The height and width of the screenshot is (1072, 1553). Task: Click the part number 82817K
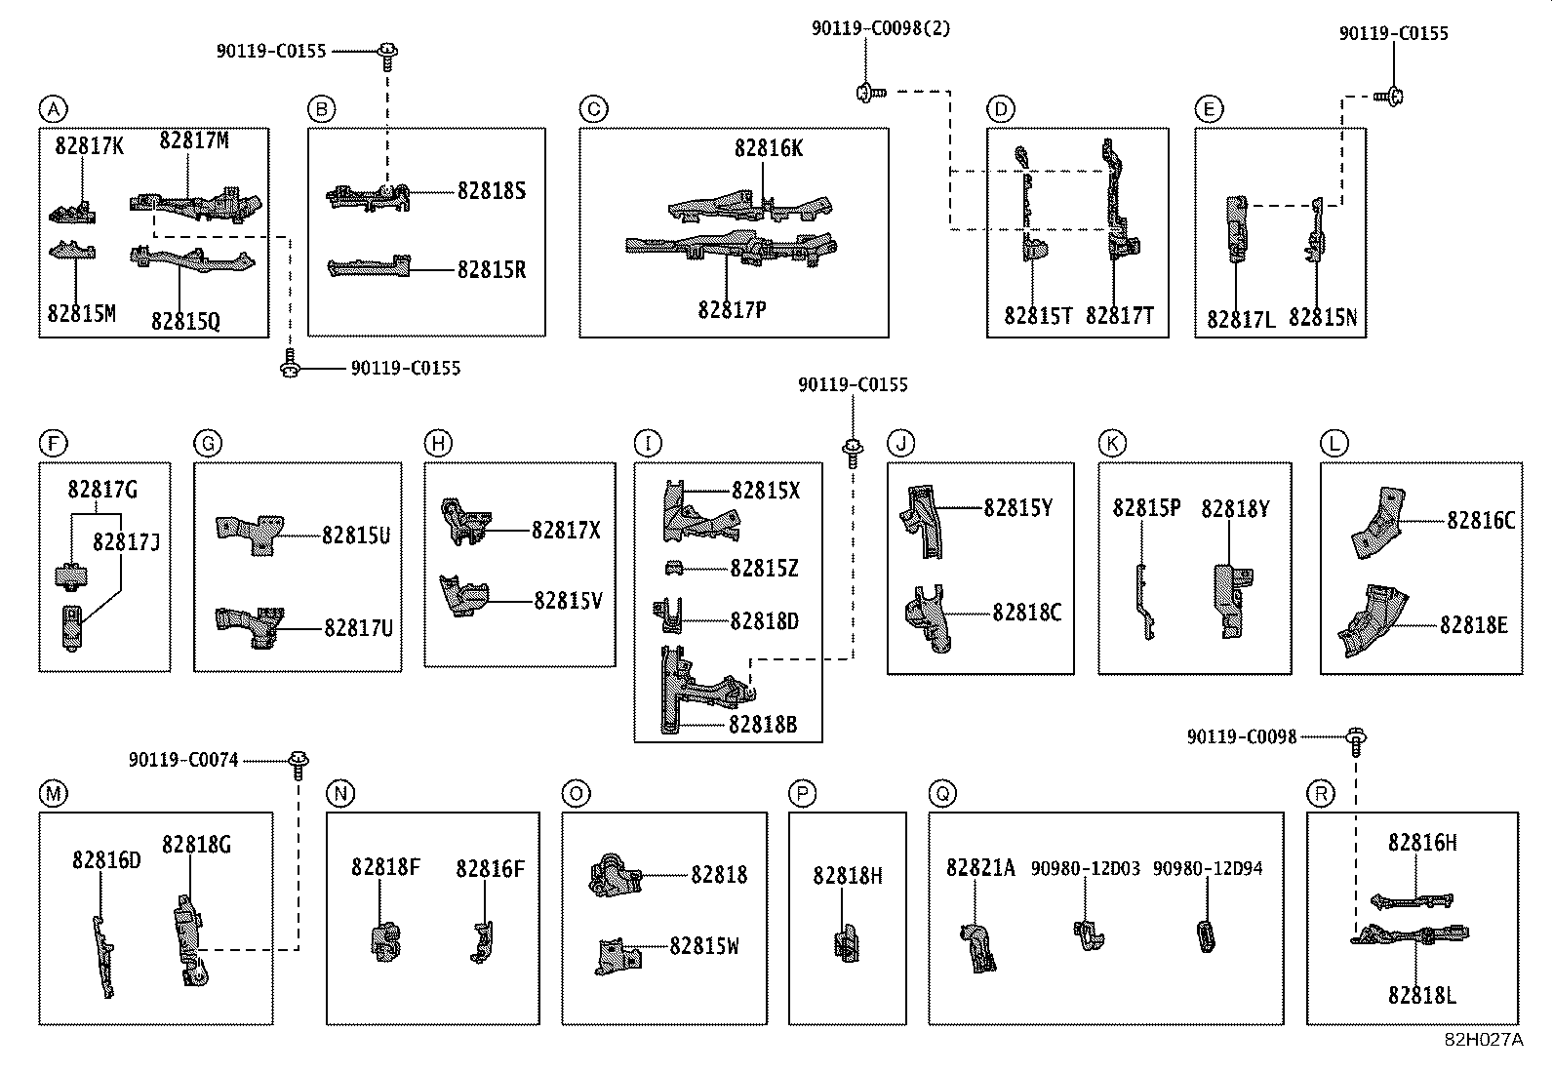90,145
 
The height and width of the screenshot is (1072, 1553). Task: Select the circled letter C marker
593,109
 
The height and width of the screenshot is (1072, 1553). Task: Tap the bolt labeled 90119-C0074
299,765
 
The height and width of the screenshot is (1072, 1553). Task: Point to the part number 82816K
769,147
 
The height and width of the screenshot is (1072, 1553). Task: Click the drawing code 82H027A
1484,1040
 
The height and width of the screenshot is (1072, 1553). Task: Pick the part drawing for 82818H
847,943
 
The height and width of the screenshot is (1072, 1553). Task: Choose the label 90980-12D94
1208,868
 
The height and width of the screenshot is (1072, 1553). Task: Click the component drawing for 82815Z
674,569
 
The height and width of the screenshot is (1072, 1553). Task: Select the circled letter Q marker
942,793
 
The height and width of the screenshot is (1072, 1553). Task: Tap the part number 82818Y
1235,509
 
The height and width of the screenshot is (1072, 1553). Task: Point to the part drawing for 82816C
1378,523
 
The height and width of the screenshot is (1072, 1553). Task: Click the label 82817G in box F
102,490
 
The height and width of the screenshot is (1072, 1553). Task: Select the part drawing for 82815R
369,266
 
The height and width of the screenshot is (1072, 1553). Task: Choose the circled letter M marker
54,793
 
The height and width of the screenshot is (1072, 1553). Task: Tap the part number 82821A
980,867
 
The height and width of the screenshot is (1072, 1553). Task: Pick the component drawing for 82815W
618,956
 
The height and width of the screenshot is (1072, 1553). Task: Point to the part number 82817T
1120,316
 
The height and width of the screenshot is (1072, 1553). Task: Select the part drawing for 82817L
1237,229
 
